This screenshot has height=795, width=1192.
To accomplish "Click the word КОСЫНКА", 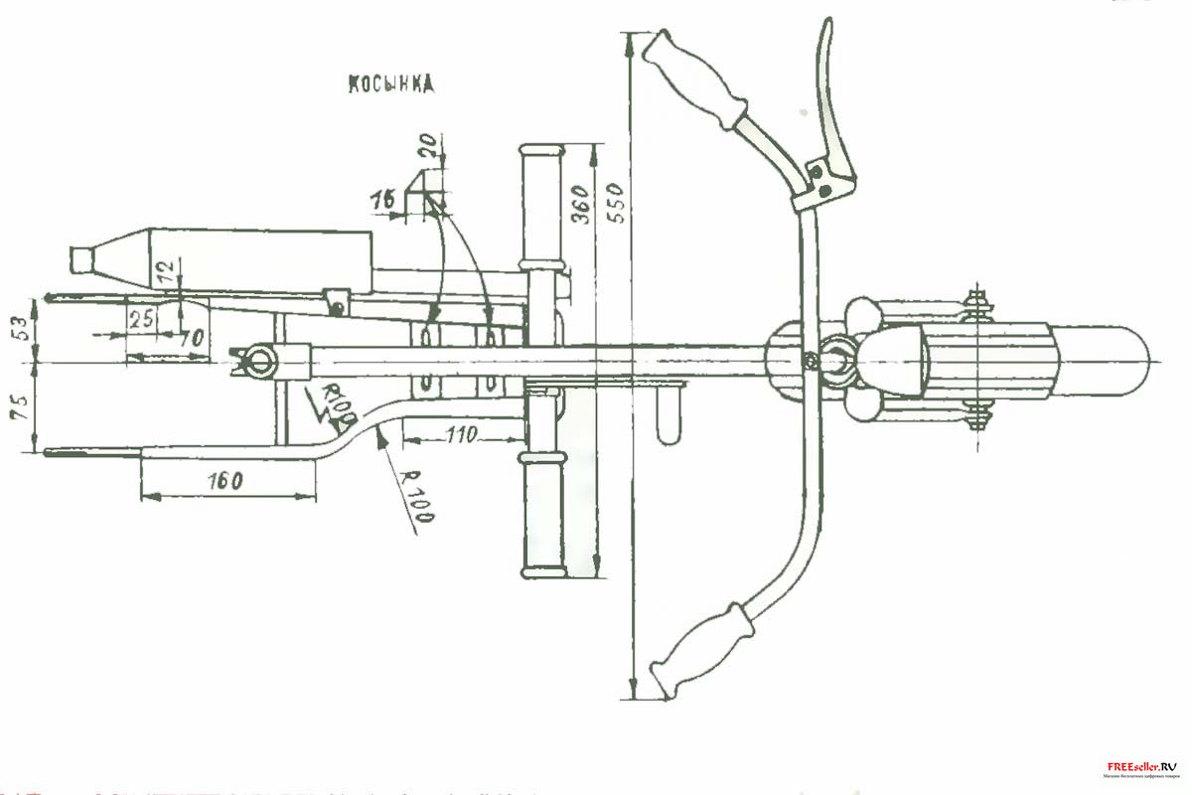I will coord(390,84).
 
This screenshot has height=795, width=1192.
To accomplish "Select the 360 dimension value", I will coord(581,205).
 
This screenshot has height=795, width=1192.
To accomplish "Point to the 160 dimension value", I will coord(226,481).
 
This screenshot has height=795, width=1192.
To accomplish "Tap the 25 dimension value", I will coord(141,318).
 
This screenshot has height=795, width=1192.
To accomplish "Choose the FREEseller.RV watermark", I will coord(1141,767).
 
